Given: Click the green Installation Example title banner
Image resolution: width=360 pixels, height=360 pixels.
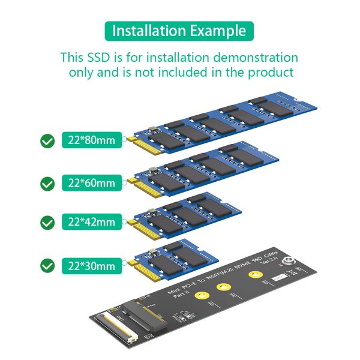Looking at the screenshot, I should pos(179,31).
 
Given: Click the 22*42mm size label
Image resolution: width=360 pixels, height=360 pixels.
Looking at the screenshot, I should pos(91,222).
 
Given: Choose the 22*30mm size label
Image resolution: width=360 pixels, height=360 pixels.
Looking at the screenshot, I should pos(91,265).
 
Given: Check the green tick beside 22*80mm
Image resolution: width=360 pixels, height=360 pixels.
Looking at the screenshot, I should pos(47,142).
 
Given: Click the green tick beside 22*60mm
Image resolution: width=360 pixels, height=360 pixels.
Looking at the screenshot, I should pos(47,183).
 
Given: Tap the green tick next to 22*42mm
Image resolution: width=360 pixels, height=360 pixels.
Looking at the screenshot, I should pos(47,222).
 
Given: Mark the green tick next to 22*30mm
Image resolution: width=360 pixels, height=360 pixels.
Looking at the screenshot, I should pos(47,265).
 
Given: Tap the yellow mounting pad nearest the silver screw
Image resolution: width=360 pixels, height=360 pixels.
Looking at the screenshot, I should pos(254,274).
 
